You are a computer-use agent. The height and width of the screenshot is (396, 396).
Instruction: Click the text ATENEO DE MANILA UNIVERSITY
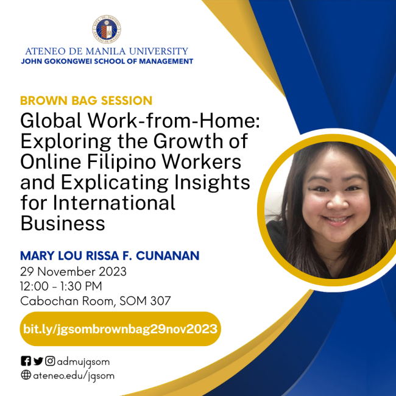pyautogui.click(x=107, y=51)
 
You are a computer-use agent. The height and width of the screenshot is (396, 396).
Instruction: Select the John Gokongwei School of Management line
pyautogui.click(x=107, y=62)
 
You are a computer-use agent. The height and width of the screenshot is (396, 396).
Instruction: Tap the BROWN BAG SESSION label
pyautogui.click(x=86, y=101)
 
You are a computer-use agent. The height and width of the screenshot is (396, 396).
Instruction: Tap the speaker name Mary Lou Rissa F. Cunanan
pyautogui.click(x=110, y=255)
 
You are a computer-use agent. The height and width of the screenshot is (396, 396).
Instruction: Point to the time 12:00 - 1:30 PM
pyautogui.click(x=61, y=286)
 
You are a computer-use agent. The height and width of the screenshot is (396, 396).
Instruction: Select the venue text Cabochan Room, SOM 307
pyautogui.click(x=95, y=300)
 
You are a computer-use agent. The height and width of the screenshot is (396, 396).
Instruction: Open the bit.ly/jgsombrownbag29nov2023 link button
pyautogui.click(x=119, y=329)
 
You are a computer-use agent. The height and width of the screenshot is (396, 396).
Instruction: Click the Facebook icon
pyautogui.click(x=26, y=361)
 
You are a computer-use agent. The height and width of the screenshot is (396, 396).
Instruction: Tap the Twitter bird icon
pyautogui.click(x=38, y=361)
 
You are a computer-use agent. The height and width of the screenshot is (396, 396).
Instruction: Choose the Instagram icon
pyautogui.click(x=50, y=361)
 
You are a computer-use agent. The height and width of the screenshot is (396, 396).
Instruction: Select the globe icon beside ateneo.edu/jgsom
pyautogui.click(x=26, y=375)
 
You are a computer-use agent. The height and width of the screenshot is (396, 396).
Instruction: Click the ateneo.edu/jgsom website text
pyautogui.click(x=74, y=375)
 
